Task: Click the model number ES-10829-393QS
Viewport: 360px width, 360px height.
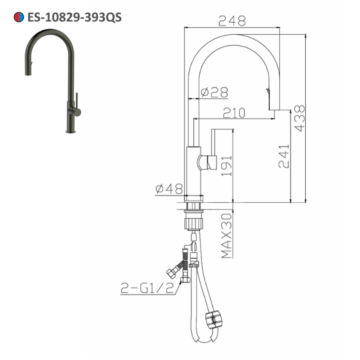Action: [x=74, y=17]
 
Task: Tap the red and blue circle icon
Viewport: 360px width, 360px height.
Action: [x=19, y=17]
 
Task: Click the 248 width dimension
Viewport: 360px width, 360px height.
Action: [x=232, y=21]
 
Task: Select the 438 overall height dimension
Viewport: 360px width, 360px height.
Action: [x=300, y=118]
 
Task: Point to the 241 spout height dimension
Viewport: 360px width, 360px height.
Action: [x=284, y=156]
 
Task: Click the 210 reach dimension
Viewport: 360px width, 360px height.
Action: [x=234, y=113]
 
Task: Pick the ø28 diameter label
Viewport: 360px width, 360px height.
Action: [x=215, y=93]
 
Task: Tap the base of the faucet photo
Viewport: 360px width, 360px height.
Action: [x=71, y=131]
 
